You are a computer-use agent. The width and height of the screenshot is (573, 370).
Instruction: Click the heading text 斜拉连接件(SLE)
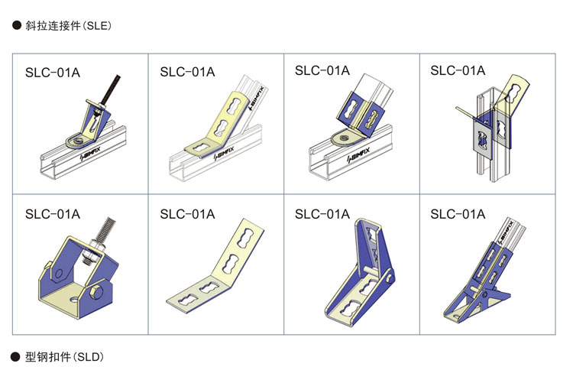(x=68, y=25)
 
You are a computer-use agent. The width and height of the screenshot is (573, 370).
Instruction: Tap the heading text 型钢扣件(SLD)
(x=64, y=356)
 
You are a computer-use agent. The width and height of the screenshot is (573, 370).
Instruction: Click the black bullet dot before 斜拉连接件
(x=17, y=25)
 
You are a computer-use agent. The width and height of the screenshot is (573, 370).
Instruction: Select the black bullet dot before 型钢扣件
(x=15, y=356)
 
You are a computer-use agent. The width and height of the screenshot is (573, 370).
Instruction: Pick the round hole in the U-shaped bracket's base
(x=75, y=300)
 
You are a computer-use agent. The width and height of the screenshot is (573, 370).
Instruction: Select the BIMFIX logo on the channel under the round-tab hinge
(x=359, y=154)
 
